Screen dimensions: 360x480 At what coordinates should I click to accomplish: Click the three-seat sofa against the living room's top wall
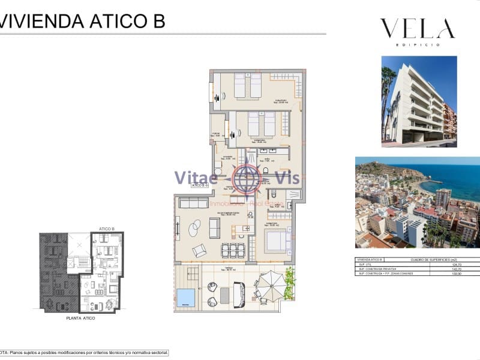coord(193,203)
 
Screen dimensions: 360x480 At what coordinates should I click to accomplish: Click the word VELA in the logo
coord(417,29)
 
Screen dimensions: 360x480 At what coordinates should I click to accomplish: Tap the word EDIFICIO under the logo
coord(418,45)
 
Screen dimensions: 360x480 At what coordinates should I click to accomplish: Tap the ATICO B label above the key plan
coord(106,229)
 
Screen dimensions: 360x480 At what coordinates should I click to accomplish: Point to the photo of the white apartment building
coord(419,101)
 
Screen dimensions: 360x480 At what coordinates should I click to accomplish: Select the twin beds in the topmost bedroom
coord(247,86)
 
